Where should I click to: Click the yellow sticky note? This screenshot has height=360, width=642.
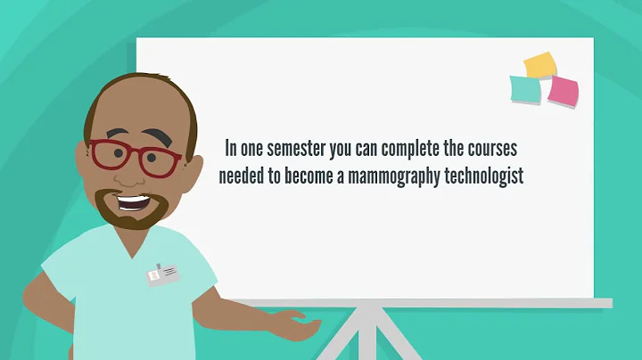[540, 64]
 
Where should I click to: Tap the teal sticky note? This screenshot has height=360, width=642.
[525, 89]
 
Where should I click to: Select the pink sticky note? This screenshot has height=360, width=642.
[563, 91]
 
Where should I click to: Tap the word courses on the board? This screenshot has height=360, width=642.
[490, 146]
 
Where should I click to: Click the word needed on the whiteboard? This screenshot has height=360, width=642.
[241, 176]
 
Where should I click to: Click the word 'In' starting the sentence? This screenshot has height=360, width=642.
[231, 146]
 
